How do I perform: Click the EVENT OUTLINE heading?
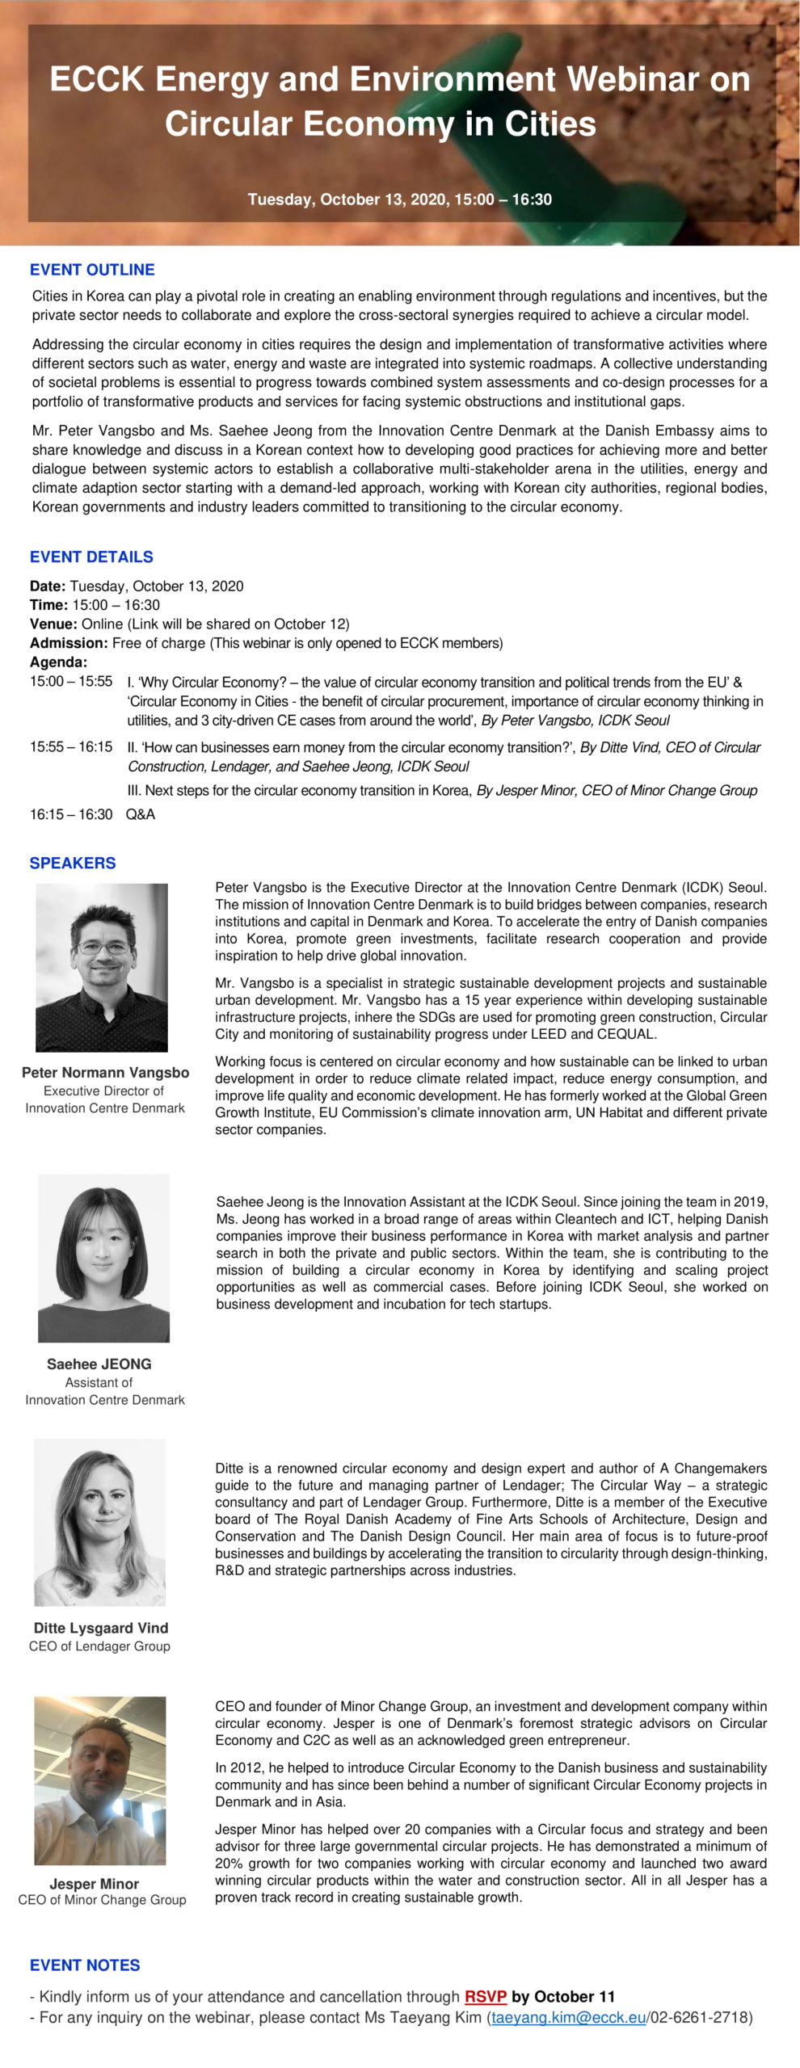pos(92,270)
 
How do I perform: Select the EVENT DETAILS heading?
pos(91,557)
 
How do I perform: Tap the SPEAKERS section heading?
pos(73,863)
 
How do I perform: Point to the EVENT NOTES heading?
pos(85,1965)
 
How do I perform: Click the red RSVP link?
pos(485,1997)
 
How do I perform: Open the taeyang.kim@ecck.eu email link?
pos(568,2017)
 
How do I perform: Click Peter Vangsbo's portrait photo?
pos(102,967)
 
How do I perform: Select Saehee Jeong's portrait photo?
pos(103,1258)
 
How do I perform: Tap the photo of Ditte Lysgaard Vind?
pos(99,1522)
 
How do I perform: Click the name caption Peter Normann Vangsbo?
pos(105,1073)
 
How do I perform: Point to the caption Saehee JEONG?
pos(99,1364)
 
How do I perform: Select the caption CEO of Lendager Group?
pos(99,1646)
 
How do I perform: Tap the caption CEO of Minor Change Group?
pos(102,1899)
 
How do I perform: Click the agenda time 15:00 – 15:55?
pos(71,681)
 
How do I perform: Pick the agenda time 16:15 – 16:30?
pos(71,814)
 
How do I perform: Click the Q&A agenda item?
pos(141,814)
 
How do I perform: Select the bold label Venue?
pos(53,624)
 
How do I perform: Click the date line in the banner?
pos(399,200)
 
